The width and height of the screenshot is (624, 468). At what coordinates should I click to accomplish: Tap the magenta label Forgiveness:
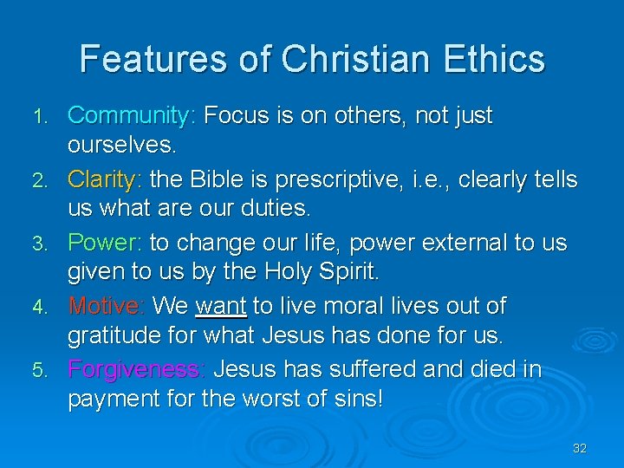coord(137,370)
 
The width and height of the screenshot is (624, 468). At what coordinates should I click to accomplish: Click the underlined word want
coord(221,306)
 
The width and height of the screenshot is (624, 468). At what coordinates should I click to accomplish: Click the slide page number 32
coord(580,448)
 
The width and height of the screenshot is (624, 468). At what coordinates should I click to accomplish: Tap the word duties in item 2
coord(278,209)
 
